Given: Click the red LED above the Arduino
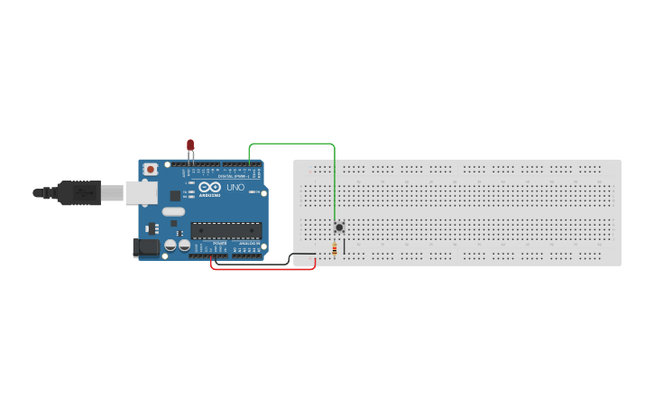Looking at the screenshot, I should coord(190,145).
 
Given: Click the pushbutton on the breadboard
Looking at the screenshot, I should coord(339,227).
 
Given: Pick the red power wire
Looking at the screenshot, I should coord(262,269).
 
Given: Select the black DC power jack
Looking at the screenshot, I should coord(145,246).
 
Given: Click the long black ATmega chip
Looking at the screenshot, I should coord(226,230).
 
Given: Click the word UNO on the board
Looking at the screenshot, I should coord(235,187).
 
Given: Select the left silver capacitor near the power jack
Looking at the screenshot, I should coord(170,245).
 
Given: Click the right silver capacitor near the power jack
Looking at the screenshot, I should coord(184,245).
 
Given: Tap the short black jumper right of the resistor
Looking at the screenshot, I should coord(344,245).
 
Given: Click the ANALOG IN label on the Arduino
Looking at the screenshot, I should coord(249,244).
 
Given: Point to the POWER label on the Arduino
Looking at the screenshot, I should coord(220,244).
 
